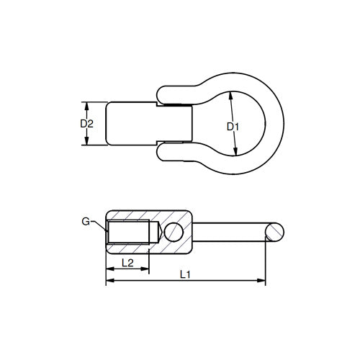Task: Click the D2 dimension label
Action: point(86,124)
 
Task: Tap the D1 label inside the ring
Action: point(232,127)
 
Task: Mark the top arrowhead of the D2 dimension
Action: point(86,104)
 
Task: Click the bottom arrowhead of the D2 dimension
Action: point(86,143)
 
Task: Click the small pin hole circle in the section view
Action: point(173,232)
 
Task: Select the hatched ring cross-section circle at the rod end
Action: point(274,232)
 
